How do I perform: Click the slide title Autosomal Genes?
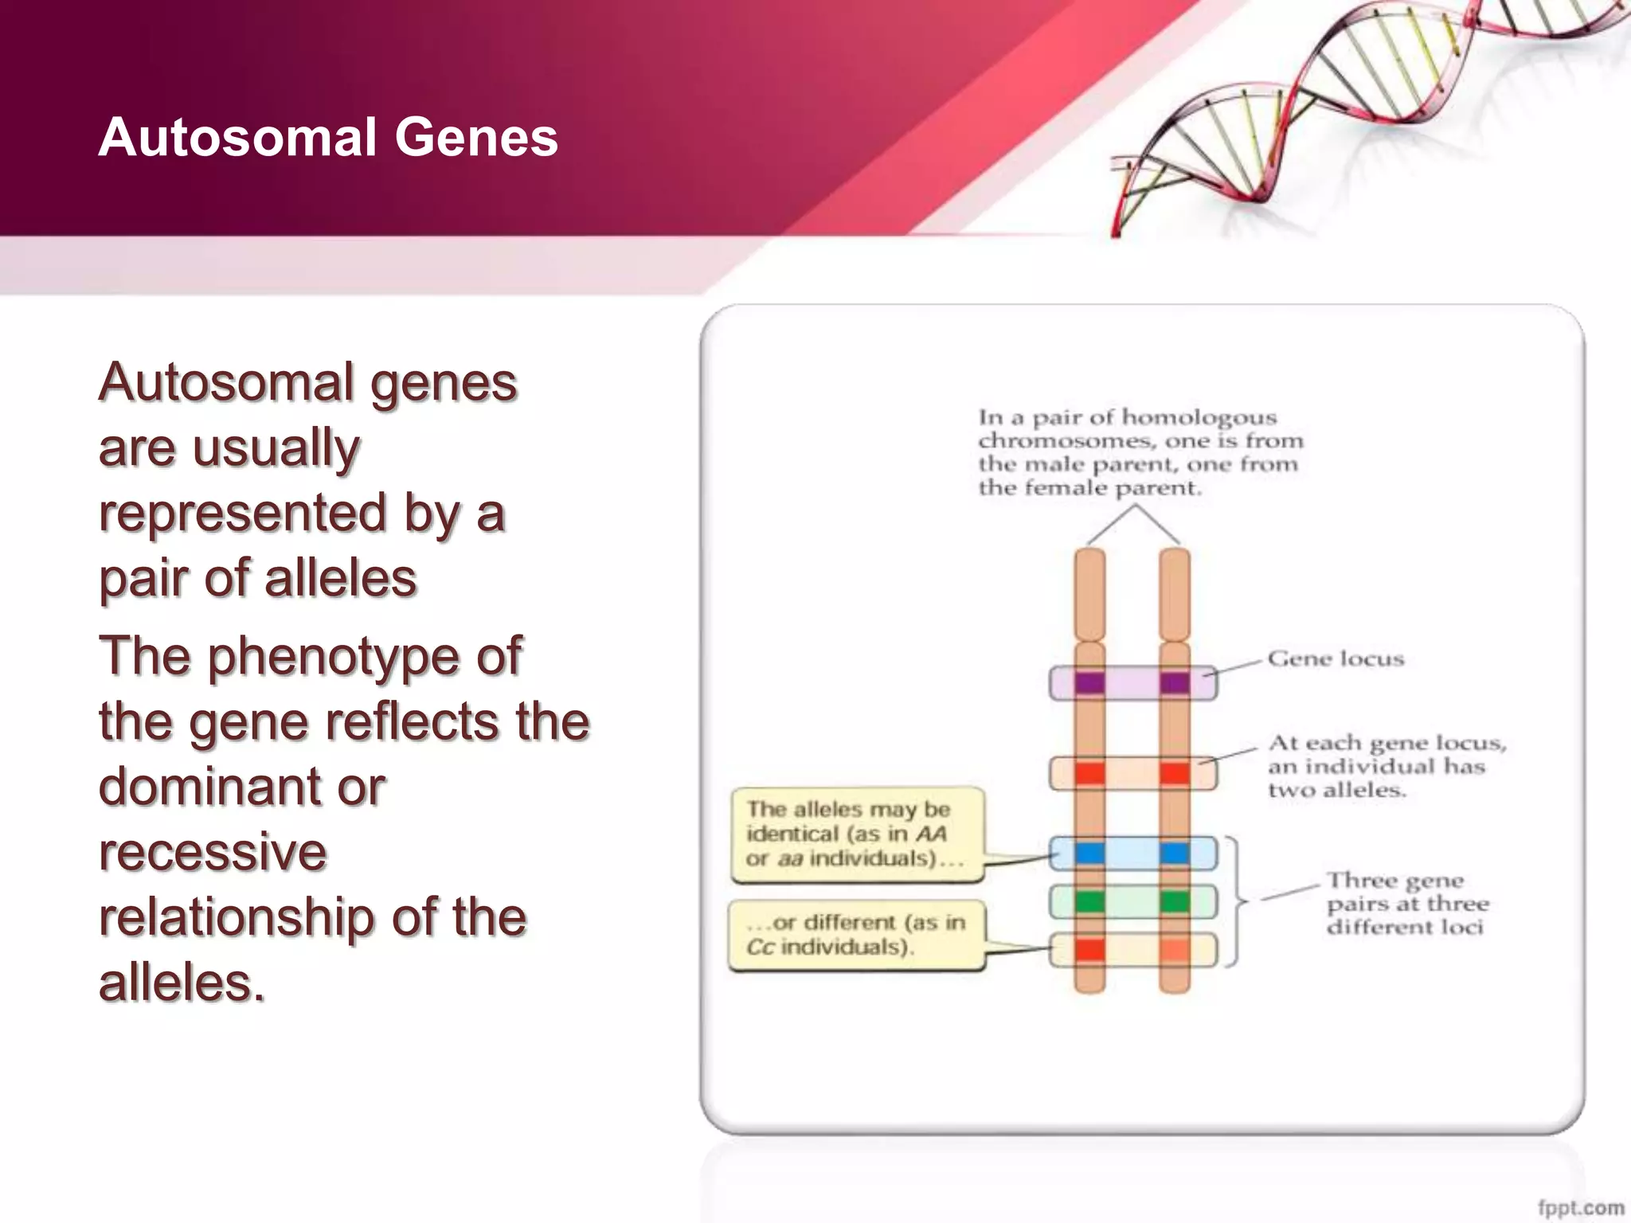pyautogui.click(x=328, y=137)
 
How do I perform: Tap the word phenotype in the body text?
pyautogui.click(x=333, y=657)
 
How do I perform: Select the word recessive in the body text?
pyautogui.click(x=213, y=852)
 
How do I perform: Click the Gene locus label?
pyautogui.click(x=1336, y=659)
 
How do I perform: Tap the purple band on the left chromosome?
pyautogui.click(x=1089, y=683)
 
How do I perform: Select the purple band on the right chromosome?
pyautogui.click(x=1175, y=683)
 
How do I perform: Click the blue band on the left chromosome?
pyautogui.click(x=1089, y=854)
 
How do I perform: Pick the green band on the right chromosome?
pyautogui.click(x=1175, y=902)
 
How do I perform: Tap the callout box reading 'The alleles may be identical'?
pyautogui.click(x=857, y=834)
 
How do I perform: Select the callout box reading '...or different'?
pyautogui.click(x=856, y=935)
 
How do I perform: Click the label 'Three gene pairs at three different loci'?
pyautogui.click(x=1406, y=904)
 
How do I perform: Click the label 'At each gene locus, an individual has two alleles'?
pyautogui.click(x=1386, y=766)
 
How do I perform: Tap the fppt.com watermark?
pyautogui.click(x=1580, y=1207)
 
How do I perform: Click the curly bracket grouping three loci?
pyautogui.click(x=1237, y=901)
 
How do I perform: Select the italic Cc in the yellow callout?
pyautogui.click(x=760, y=947)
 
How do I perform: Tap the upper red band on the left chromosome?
pyautogui.click(x=1089, y=773)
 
